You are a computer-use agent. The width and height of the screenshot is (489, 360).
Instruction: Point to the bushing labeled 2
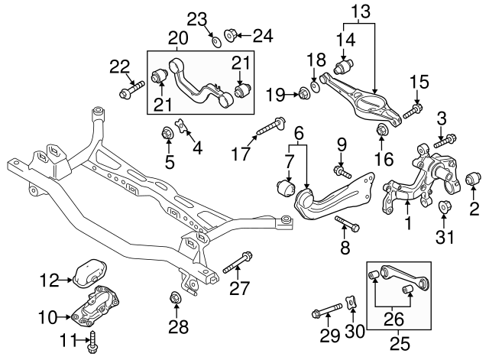[x=474, y=180]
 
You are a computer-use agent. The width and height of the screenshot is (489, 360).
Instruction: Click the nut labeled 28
[x=175, y=297]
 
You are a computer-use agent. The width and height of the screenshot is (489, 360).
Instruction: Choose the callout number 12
[x=49, y=281]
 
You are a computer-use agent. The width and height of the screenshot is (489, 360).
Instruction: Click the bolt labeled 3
[x=447, y=140]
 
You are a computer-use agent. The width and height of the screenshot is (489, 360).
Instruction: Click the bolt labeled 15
[x=411, y=112]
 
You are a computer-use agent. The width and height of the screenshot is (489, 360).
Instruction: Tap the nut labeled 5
[x=165, y=135]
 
